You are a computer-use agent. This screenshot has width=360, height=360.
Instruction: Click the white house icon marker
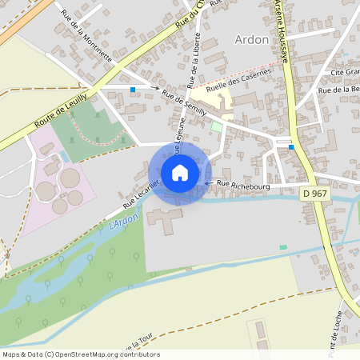tap(180, 173)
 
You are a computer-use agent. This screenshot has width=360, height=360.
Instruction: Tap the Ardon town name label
tap(250, 39)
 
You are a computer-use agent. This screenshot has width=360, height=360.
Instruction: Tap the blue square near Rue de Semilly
tap(133, 90)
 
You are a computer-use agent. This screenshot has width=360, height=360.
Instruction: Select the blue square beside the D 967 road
tap(291, 147)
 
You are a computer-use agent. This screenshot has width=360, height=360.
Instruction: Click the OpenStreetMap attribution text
tap(80, 354)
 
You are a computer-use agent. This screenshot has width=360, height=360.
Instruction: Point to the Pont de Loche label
tap(340, 328)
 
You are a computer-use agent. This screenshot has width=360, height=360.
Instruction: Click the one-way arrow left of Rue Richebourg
tap(207, 184)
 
